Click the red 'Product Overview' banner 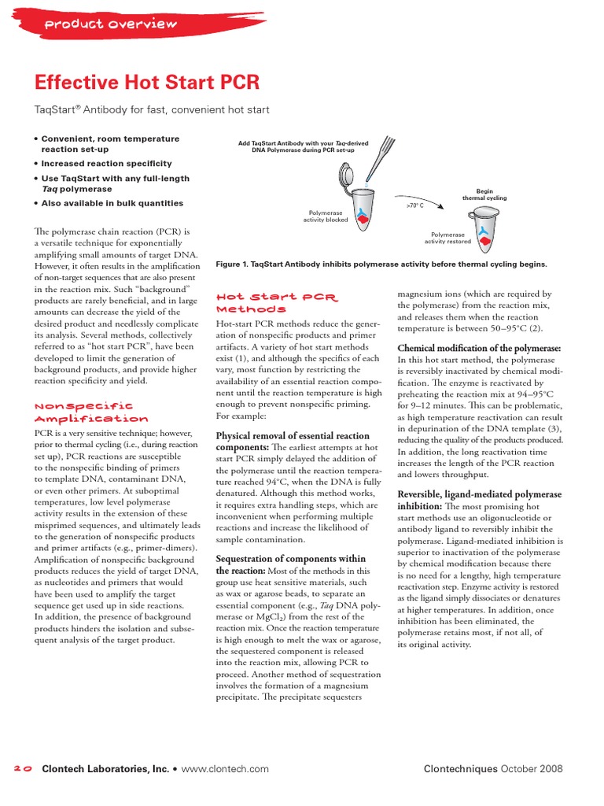coord(110,24)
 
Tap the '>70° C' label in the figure coord(414,205)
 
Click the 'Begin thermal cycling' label coord(484,194)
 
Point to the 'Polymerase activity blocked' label coord(326,216)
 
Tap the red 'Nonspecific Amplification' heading coord(90,412)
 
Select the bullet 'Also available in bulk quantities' coord(112,203)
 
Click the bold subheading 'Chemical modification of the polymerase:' coord(479,348)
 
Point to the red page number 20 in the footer coord(22,769)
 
